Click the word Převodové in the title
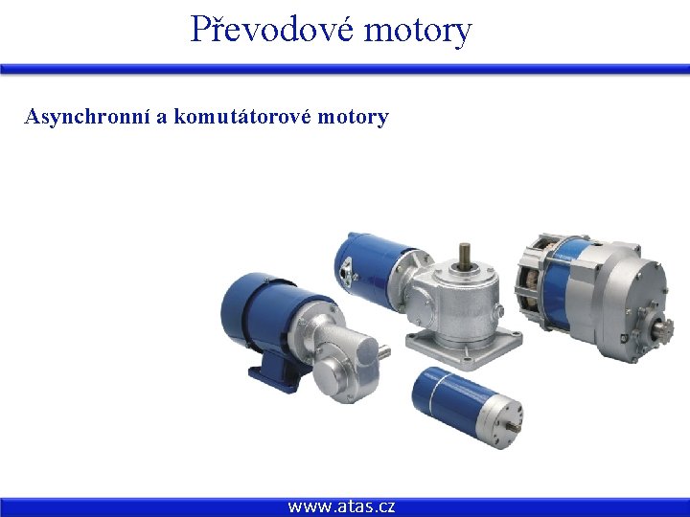click(x=271, y=29)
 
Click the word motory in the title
click(x=418, y=29)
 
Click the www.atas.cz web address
click(x=341, y=506)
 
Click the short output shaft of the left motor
click(x=382, y=353)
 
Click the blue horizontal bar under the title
click(x=345, y=69)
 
